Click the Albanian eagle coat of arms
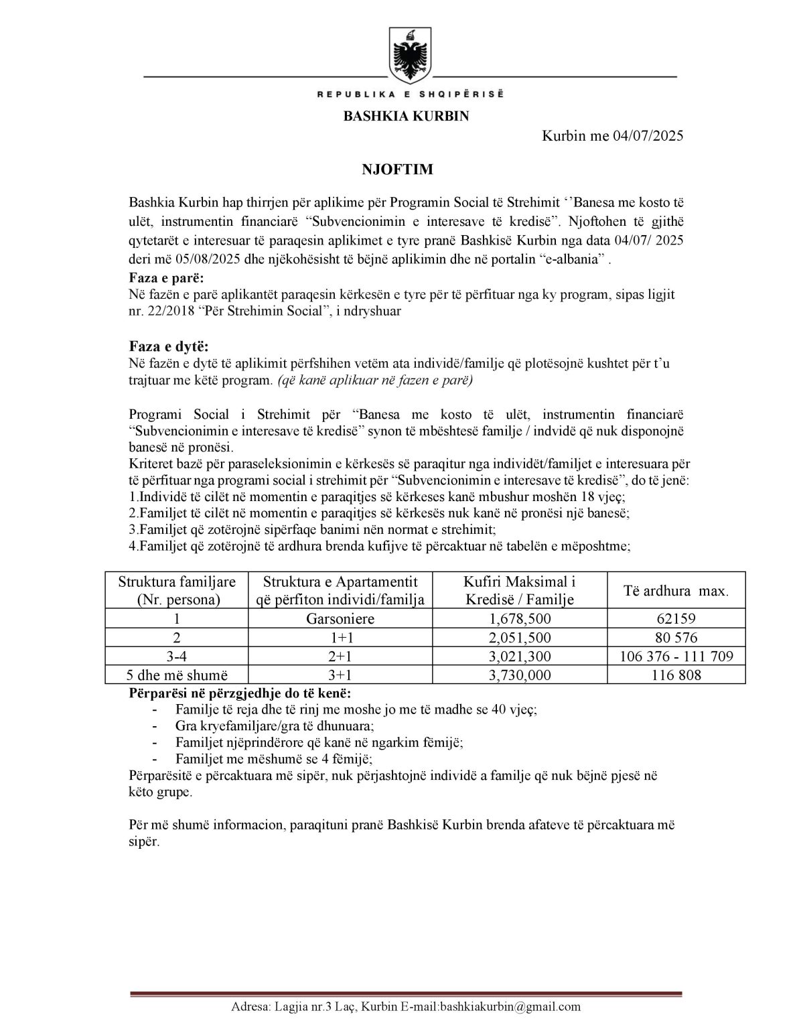409,54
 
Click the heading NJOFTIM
397,169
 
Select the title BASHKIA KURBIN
406,116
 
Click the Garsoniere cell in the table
340,618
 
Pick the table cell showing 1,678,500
520,618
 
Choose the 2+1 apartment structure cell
340,656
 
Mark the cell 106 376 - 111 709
676,656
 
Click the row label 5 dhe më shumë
177,675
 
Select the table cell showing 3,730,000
520,675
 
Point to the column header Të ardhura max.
676,590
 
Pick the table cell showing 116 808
676,675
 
